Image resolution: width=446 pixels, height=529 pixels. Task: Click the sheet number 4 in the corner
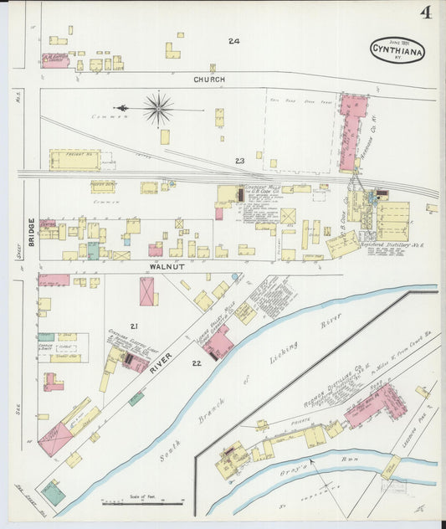(427, 12)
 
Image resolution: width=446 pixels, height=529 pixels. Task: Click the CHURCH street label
(209, 80)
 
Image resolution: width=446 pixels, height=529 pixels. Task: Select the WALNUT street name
(166, 266)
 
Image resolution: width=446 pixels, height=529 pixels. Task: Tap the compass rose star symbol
(157, 108)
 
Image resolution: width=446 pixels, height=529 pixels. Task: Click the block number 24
(233, 40)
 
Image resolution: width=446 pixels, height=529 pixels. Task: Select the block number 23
(239, 160)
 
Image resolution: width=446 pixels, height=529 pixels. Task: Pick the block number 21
(131, 325)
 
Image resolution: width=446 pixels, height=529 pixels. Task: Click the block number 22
(196, 362)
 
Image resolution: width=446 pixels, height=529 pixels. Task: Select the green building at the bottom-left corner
(54, 494)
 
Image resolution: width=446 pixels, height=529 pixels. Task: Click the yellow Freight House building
(74, 160)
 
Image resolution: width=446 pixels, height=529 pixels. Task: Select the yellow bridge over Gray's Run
(391, 467)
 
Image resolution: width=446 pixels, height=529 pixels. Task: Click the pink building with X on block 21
(147, 291)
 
